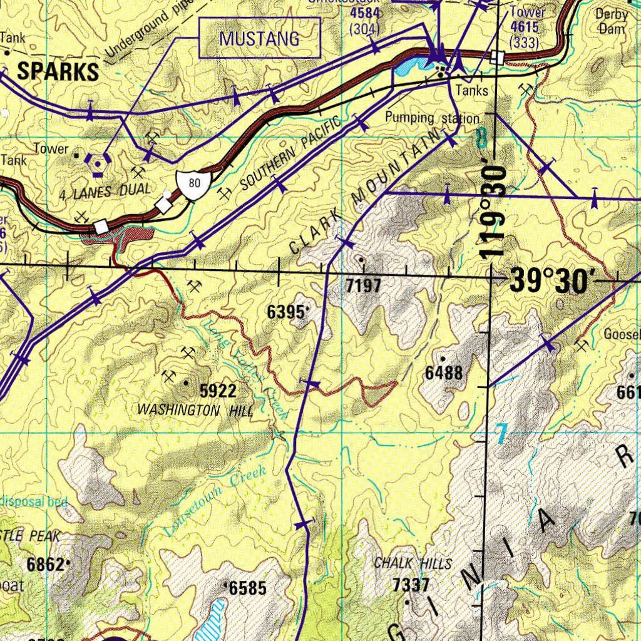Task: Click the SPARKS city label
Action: click(58, 72)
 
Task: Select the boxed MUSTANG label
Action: click(259, 39)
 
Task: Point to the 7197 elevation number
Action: click(363, 287)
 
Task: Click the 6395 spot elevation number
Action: click(287, 312)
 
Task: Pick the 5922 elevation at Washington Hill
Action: click(218, 391)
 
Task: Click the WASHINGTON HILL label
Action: click(195, 411)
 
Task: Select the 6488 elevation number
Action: click(444, 374)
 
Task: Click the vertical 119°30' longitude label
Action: click(494, 212)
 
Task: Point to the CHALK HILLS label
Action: click(413, 563)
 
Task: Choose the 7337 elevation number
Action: click(411, 585)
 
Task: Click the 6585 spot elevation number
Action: click(248, 588)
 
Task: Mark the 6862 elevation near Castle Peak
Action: click(46, 565)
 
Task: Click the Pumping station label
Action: click(432, 118)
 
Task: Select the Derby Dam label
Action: click(611, 21)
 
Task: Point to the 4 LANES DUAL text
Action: click(105, 190)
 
